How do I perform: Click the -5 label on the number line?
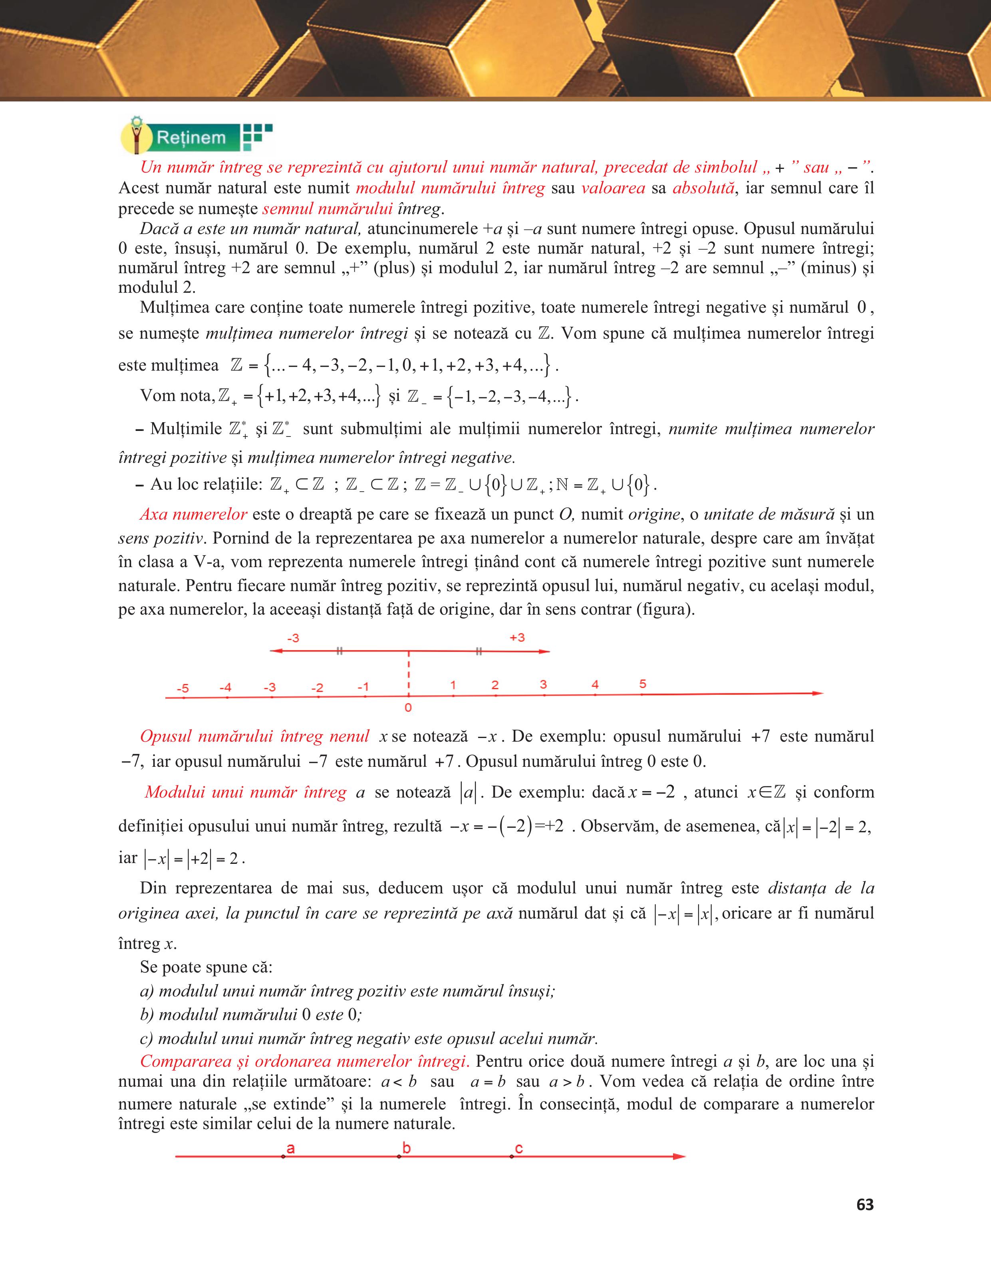click(x=183, y=689)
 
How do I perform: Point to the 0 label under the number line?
click(x=408, y=708)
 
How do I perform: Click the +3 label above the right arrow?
click(x=517, y=637)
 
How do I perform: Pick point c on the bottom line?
click(x=512, y=1156)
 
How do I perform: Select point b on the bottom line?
click(x=399, y=1156)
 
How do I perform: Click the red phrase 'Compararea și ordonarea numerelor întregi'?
click(x=304, y=1061)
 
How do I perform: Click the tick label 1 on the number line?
click(x=453, y=685)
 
